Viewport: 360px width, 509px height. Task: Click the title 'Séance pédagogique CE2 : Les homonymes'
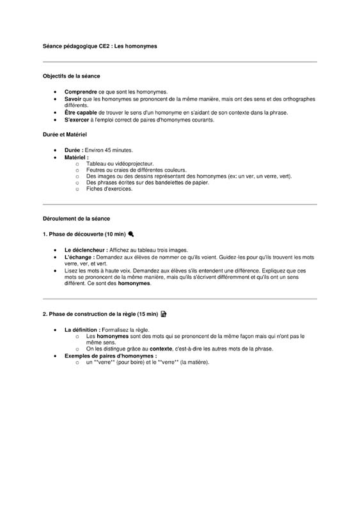pyautogui.click(x=99, y=47)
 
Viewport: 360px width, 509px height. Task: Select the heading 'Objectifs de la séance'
pyautogui.click(x=72, y=76)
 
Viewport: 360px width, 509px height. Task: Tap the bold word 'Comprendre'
pyautogui.click(x=81, y=92)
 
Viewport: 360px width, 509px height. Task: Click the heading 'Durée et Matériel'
pyautogui.click(x=65, y=135)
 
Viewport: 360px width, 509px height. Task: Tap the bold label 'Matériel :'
pyautogui.click(x=77, y=157)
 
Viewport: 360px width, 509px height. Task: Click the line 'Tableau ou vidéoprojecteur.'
pyautogui.click(x=120, y=164)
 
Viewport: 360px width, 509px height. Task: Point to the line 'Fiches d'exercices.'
pyautogui.click(x=109, y=189)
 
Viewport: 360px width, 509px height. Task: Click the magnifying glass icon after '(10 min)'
pyautogui.click(x=131, y=234)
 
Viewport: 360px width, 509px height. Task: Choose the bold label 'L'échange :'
pyautogui.click(x=79, y=256)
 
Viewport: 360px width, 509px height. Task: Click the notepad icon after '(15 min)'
pyautogui.click(x=164, y=314)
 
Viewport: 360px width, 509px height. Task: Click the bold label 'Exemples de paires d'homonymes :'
pyautogui.click(x=111, y=356)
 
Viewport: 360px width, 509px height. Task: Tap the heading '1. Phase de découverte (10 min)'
pyautogui.click(x=84, y=234)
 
